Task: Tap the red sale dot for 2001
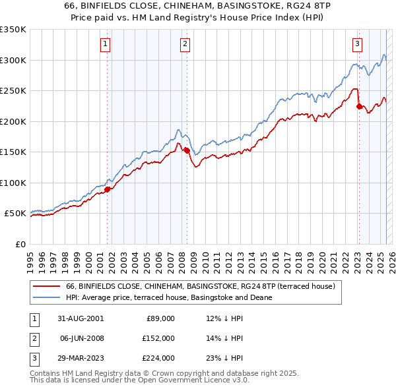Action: pos(107,189)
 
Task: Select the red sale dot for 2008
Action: pos(187,150)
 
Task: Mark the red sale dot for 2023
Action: pos(359,106)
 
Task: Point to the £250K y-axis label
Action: pos(13,91)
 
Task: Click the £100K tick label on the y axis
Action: pos(13,183)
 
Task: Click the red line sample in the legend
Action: pos(46,287)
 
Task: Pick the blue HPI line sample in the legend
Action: pos(46,297)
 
